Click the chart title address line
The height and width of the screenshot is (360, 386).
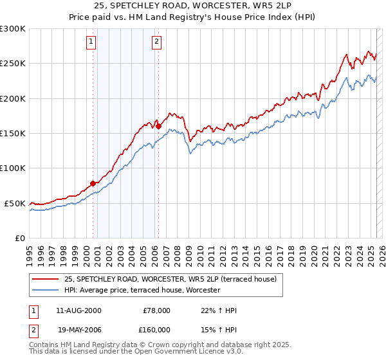pos(193,6)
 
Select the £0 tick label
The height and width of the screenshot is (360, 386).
pos(20,238)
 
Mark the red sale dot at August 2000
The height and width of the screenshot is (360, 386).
pos(93,183)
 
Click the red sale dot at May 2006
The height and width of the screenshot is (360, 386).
pos(158,127)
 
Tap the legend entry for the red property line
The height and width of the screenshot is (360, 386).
pos(170,279)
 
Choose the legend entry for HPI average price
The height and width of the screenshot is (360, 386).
pos(142,290)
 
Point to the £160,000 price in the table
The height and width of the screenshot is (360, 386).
pos(156,329)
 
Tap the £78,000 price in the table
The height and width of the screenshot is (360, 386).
pos(156,310)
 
